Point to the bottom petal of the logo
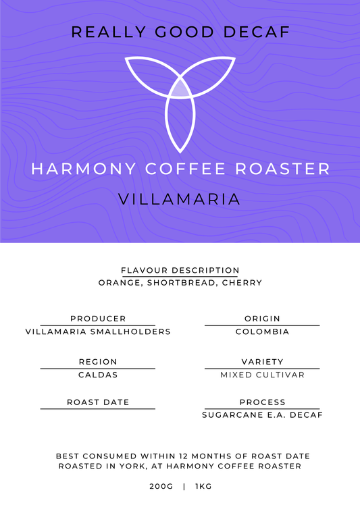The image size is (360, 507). coord(180,122)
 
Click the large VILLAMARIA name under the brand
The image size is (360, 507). coord(180,199)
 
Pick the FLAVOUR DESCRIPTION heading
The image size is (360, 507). coord(180,270)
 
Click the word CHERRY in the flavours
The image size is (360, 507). coord(245,283)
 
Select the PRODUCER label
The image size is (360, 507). coord(98,319)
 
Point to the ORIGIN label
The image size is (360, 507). coord(262,319)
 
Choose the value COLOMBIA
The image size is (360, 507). coord(262,331)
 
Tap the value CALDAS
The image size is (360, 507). coord(98,375)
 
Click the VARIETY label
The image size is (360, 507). coord(262,362)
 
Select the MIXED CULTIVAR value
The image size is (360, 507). coord(262,375)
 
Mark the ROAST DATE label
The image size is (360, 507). coord(98,402)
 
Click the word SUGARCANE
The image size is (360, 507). coord(232,415)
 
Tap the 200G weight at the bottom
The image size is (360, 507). coord(161,486)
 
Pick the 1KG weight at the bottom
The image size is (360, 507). coord(203,486)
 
